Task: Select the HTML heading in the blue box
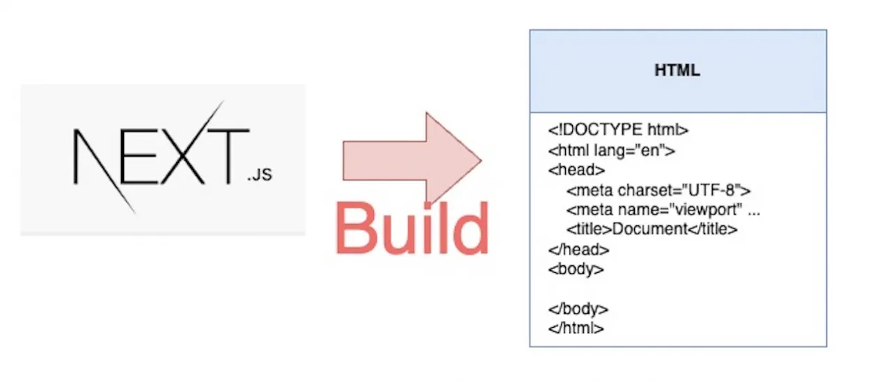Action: click(677, 71)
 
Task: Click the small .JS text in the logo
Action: click(259, 175)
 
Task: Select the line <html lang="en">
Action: click(611, 150)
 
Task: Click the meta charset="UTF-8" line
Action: click(659, 189)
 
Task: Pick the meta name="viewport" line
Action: click(663, 209)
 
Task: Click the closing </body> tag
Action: click(578, 309)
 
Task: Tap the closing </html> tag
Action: click(576, 328)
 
